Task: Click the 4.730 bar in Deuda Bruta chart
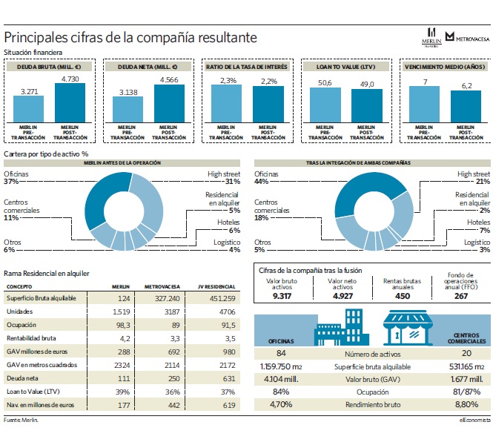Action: click(x=70, y=103)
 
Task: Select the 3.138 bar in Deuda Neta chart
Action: click(x=128, y=110)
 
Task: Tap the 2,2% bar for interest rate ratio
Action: click(x=268, y=105)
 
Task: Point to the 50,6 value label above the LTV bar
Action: click(x=325, y=83)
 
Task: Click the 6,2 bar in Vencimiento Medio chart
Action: click(x=466, y=107)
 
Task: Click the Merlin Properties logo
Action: click(x=431, y=38)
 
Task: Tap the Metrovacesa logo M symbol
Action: click(x=450, y=36)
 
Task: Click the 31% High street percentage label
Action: click(x=233, y=182)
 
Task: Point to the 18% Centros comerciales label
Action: click(x=261, y=217)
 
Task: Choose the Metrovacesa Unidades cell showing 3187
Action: click(x=172, y=311)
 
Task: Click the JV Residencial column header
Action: click(x=216, y=286)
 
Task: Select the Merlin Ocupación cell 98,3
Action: click(x=123, y=325)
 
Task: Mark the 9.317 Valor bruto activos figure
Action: click(x=282, y=296)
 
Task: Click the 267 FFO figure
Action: click(x=461, y=296)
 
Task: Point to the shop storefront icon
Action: click(x=408, y=328)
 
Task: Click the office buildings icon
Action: click(x=342, y=327)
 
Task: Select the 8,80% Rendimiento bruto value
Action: click(x=466, y=404)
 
